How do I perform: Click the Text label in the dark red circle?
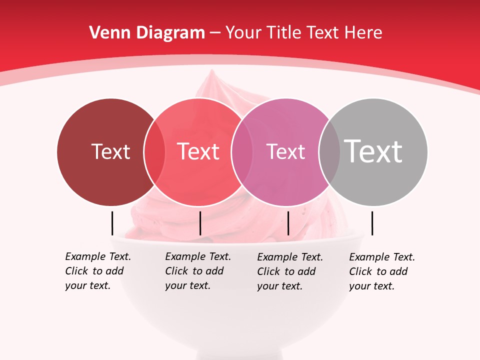(110, 151)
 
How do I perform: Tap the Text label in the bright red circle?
(198, 151)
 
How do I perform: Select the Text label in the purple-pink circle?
(285, 151)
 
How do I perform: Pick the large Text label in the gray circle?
(373, 151)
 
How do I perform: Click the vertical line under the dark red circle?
(112, 223)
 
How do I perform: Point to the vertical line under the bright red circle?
(200, 223)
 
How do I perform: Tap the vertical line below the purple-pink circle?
(288, 223)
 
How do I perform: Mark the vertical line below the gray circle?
(372, 223)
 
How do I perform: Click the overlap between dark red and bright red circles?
(154, 151)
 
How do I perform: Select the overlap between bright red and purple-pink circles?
(240, 151)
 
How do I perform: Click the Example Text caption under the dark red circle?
(98, 271)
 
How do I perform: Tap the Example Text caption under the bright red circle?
(198, 271)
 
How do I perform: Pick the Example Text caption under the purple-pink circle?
(290, 271)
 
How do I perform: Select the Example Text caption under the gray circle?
(382, 271)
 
